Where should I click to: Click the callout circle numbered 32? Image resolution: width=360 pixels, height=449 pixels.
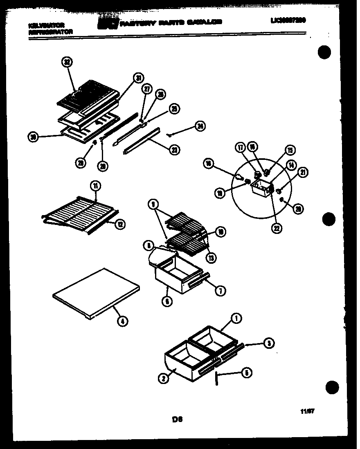[67, 63]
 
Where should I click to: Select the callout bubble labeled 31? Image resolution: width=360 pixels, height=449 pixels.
[139, 79]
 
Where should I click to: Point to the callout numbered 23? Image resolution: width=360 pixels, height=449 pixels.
[175, 150]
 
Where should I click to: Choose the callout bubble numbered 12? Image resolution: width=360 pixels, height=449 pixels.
[122, 224]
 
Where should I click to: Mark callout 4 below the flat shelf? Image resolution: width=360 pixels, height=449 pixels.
[122, 321]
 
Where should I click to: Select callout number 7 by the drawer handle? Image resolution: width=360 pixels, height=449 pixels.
[220, 291]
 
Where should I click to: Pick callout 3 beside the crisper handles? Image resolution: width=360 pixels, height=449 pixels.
[268, 344]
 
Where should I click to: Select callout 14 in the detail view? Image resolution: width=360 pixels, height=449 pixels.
[291, 165]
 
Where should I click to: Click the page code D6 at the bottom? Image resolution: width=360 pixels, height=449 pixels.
[177, 418]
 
